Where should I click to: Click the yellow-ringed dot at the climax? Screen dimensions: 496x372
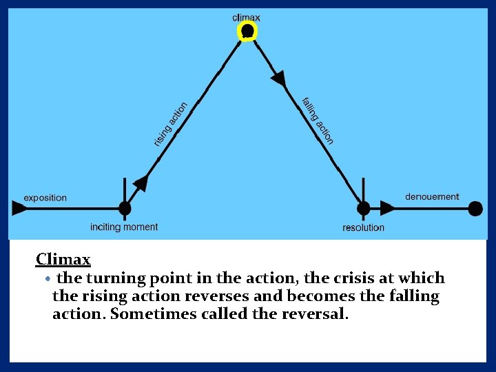[247, 31]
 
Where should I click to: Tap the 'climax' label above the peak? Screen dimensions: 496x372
[247, 17]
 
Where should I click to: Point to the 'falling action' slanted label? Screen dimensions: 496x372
[318, 121]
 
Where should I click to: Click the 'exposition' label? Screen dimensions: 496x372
[45, 198]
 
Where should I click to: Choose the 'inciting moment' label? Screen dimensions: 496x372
[124, 227]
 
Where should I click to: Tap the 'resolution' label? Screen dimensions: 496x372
[363, 227]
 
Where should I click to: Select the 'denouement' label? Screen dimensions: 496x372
[432, 196]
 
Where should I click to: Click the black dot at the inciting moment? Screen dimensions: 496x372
[125, 208]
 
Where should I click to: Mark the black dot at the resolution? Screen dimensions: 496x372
[364, 208]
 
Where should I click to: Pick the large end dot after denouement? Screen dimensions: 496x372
[475, 208]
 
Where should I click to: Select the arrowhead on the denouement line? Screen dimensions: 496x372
[388, 208]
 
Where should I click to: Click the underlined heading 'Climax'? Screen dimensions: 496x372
[63, 260]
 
